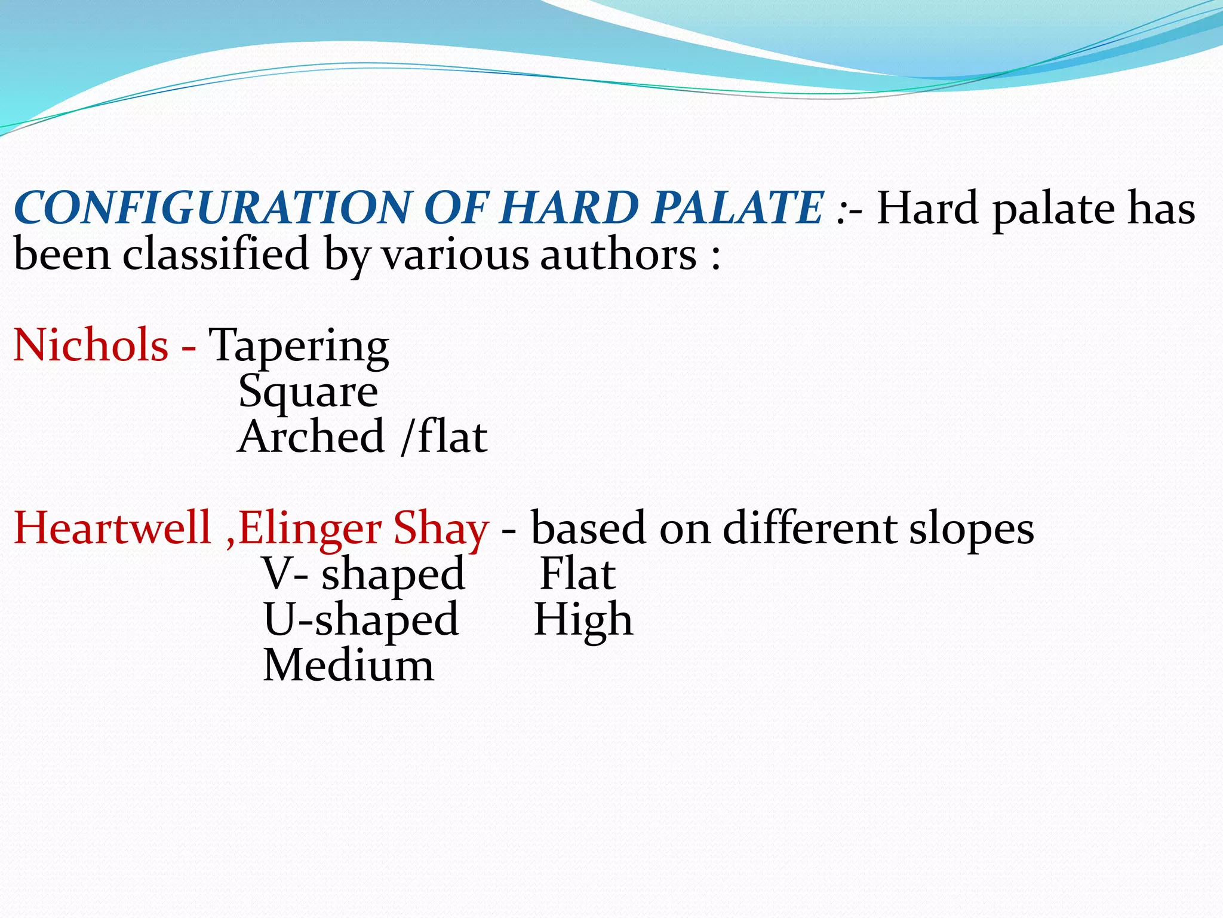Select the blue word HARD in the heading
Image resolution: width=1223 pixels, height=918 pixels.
pos(570,207)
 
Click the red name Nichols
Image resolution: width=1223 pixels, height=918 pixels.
pos(91,345)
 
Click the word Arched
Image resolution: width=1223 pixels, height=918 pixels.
pos(311,436)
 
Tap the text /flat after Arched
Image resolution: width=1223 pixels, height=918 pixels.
pos(444,436)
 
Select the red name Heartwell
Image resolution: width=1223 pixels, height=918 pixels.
pos(112,528)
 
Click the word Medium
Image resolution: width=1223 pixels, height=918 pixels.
pos(348,666)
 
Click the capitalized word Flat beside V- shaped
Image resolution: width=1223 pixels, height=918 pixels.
pos(577,574)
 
